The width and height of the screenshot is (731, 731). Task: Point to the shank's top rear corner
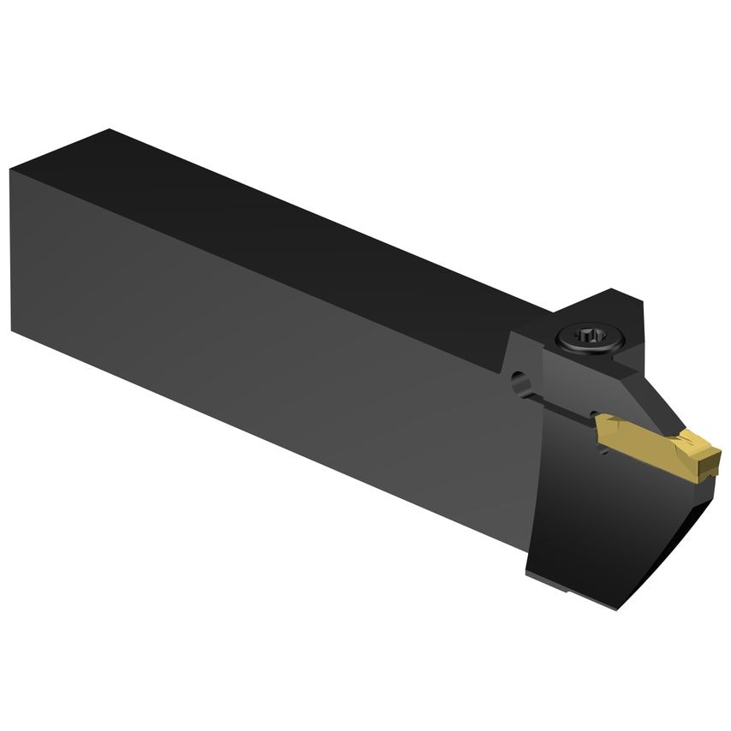click(x=109, y=130)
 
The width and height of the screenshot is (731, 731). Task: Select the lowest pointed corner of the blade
click(x=615, y=609)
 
